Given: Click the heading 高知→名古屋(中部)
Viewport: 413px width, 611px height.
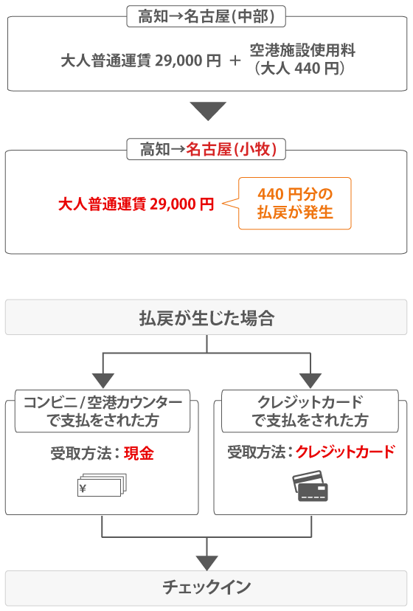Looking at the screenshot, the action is click(206, 16).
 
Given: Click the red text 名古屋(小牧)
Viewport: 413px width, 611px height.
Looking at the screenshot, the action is click(232, 149).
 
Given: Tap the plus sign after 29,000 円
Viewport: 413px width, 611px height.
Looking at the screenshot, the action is click(235, 61).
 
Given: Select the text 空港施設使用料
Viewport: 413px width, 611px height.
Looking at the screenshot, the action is click(302, 50).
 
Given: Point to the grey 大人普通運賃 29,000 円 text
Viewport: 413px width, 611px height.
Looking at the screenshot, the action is click(141, 61).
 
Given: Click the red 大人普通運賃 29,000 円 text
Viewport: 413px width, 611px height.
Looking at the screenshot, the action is click(136, 204).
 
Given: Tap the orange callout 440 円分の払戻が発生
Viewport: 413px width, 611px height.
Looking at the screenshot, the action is click(295, 204).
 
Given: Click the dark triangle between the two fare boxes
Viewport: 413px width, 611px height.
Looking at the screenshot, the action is click(208, 111).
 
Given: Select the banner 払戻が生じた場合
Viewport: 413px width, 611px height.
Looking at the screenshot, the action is click(206, 317).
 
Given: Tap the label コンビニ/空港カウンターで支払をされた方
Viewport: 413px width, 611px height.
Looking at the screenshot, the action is click(103, 411).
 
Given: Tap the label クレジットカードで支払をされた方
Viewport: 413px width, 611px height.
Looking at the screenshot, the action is click(310, 411).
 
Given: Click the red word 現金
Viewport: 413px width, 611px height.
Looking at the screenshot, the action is click(139, 453).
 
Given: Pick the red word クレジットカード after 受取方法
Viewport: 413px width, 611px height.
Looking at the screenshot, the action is click(346, 452).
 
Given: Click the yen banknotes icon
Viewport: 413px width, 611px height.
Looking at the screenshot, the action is click(103, 485).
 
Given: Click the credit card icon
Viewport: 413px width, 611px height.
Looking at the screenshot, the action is click(310, 486).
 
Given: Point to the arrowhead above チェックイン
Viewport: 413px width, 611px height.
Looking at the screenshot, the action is click(207, 563).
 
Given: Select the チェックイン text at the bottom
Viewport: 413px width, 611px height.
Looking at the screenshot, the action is click(207, 587).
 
